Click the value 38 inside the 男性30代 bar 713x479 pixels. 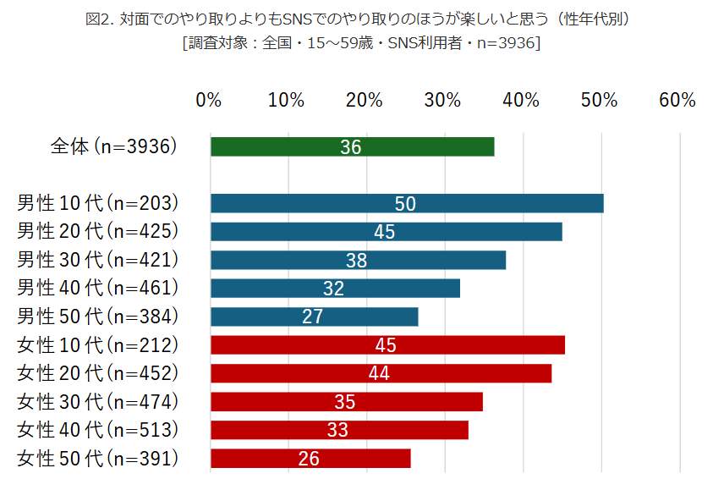356,261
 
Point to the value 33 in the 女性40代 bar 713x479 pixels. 337,430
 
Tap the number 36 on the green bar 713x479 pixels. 351,147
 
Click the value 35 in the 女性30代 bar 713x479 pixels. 345,402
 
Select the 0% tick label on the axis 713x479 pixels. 208,100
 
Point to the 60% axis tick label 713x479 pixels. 677,100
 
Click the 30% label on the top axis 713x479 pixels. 442,100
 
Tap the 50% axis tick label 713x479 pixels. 599,100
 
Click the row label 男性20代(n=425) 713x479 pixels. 97,231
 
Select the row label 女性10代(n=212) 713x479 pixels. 97,344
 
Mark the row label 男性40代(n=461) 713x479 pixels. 97,288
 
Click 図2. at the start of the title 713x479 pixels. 101,19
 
